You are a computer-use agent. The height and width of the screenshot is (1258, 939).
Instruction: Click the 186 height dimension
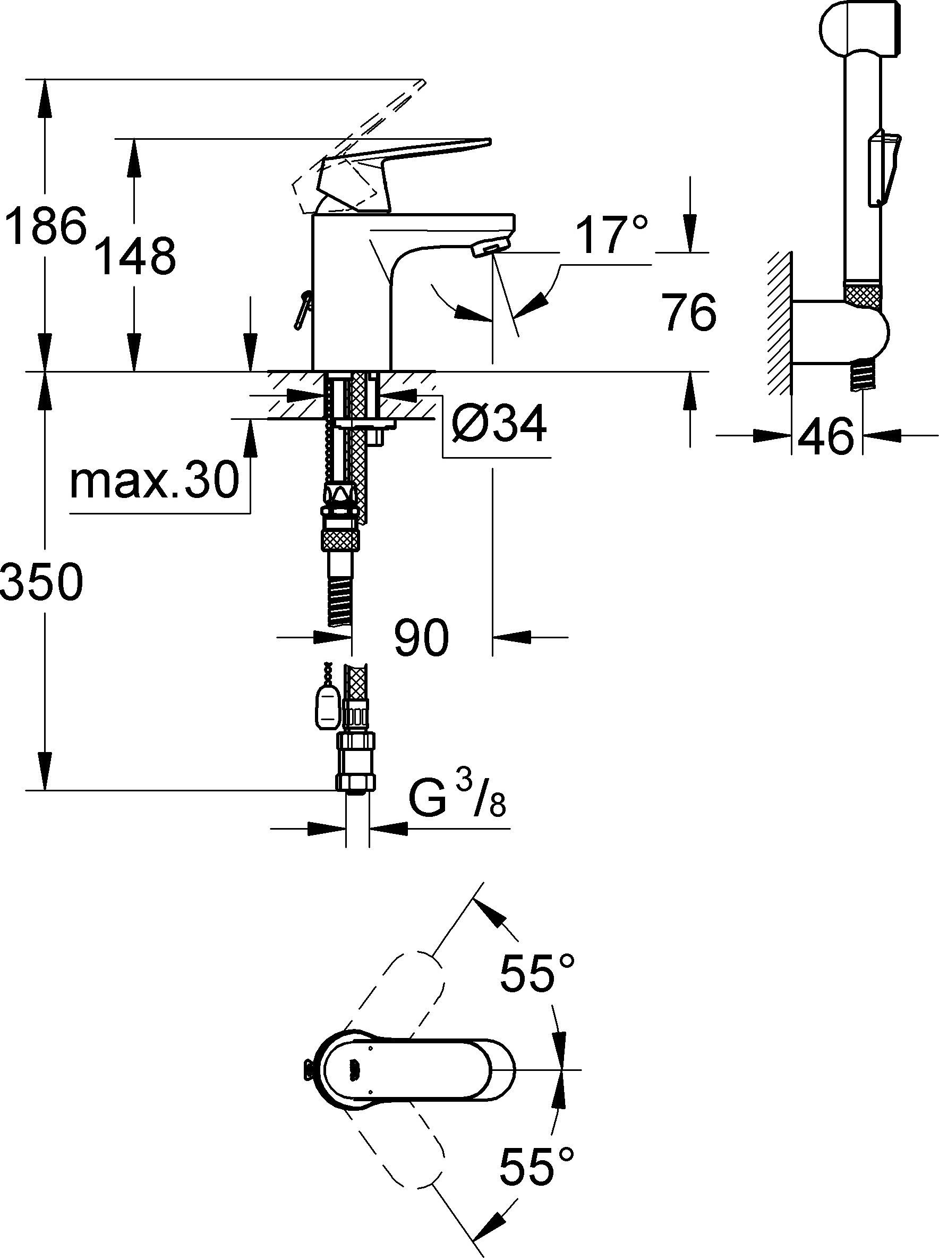pyautogui.click(x=46, y=226)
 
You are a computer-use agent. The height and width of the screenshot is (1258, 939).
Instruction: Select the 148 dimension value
pyautogui.click(x=135, y=257)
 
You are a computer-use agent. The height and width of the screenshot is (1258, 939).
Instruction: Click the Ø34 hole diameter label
pyautogui.click(x=499, y=424)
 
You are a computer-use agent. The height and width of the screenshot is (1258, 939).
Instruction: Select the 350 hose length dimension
pyautogui.click(x=42, y=582)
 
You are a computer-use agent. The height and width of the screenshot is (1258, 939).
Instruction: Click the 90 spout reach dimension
pyautogui.click(x=421, y=638)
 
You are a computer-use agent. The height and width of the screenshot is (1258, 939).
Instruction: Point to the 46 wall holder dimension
pyautogui.click(x=826, y=436)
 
